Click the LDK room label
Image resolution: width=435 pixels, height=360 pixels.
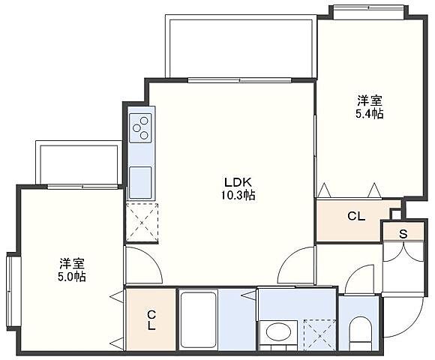[x=238, y=182]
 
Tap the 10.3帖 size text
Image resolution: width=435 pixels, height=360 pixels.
[x=238, y=196]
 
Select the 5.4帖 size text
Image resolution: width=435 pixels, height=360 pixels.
[x=370, y=114]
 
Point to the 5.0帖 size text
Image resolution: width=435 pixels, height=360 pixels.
[x=72, y=277]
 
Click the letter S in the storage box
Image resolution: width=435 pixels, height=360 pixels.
[x=403, y=234]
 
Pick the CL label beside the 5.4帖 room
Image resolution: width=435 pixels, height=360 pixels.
[x=356, y=216]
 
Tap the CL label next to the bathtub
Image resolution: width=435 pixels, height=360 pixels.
[x=151, y=320]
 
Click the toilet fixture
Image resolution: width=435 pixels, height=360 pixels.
[x=359, y=334]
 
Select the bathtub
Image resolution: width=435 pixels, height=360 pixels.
[x=198, y=319]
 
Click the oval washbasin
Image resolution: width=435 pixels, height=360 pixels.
[x=278, y=331]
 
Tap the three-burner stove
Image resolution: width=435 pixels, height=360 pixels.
[x=140, y=128]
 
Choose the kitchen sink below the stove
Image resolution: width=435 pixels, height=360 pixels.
[x=140, y=182]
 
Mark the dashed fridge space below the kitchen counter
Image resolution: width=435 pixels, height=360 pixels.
[x=142, y=223]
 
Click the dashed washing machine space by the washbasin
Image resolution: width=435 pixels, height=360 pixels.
[x=319, y=335]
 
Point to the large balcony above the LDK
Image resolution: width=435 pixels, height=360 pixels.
[x=241, y=46]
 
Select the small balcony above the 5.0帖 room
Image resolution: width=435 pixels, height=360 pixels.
[x=79, y=163]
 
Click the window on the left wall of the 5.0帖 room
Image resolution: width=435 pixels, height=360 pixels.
[x=10, y=292]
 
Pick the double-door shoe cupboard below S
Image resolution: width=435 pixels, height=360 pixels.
[x=403, y=266]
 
